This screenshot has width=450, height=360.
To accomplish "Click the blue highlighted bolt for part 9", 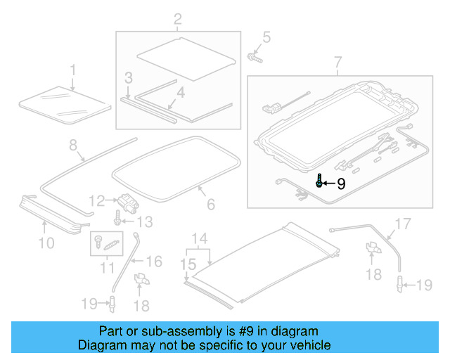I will [x=320, y=181].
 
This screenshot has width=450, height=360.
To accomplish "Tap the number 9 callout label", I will [x=341, y=184].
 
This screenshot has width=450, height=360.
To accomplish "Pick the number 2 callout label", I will [x=177, y=18].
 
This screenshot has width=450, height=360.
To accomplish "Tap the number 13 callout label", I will [x=143, y=223].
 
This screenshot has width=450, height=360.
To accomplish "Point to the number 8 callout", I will [x=72, y=146].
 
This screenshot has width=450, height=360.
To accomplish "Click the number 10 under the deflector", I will [x=46, y=243].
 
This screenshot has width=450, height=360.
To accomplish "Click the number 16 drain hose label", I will [x=153, y=262].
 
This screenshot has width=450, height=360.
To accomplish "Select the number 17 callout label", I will [x=401, y=224].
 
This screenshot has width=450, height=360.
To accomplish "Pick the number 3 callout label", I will [x=128, y=77].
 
